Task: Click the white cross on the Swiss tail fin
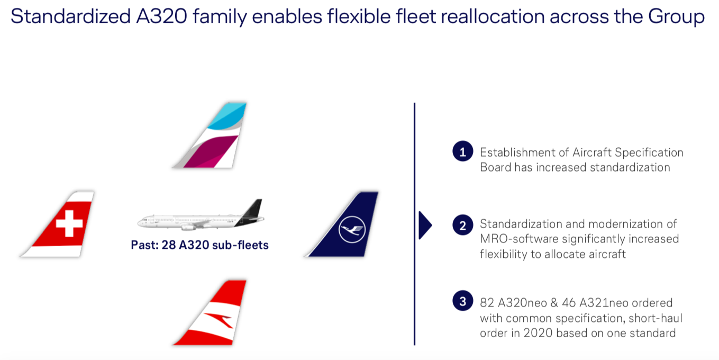point(69,223)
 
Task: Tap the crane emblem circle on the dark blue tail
point(352,229)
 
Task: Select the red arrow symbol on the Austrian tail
point(219,320)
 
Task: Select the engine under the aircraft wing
point(189,227)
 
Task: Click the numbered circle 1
point(462,151)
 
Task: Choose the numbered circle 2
point(462,225)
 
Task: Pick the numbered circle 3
point(462,301)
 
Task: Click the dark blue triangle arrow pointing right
point(425,225)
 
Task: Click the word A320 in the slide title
point(161,16)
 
